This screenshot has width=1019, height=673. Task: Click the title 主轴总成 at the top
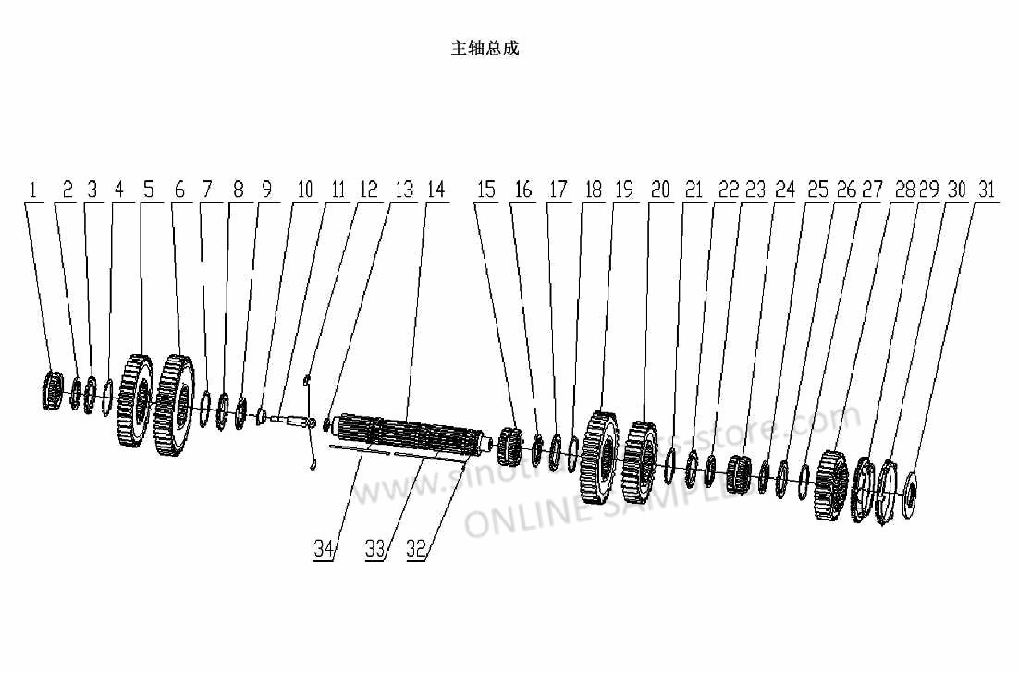tap(485, 48)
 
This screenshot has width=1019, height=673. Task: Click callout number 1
tap(33, 190)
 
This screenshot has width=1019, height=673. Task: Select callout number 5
tap(148, 190)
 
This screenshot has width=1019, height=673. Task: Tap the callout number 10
tap(305, 190)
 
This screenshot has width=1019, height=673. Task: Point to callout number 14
tap(436, 190)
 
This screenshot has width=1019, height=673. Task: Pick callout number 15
tap(487, 190)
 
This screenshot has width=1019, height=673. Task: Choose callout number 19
tap(624, 190)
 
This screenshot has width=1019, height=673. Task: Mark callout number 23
tap(755, 190)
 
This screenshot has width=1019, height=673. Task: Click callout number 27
tap(872, 190)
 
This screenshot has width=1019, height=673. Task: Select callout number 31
tap(988, 190)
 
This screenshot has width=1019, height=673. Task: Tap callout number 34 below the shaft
tap(323, 548)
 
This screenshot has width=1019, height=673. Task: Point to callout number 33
tap(374, 548)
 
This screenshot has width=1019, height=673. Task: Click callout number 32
tap(416, 548)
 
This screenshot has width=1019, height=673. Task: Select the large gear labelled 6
tap(175, 404)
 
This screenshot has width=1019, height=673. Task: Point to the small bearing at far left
tap(54, 389)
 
